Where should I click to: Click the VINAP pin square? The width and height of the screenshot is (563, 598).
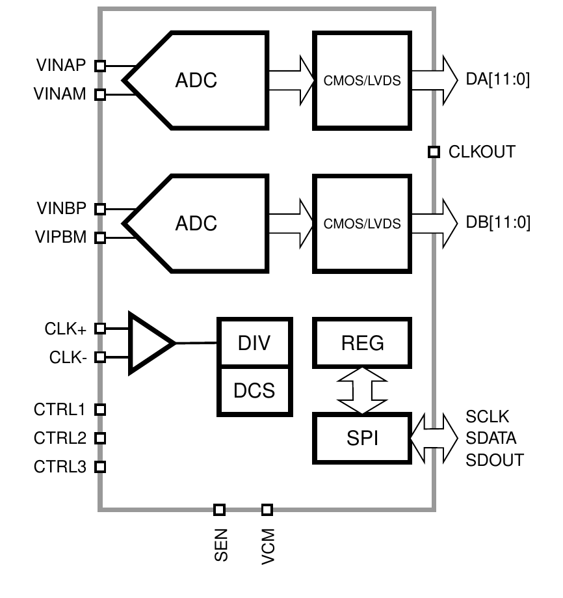(100, 66)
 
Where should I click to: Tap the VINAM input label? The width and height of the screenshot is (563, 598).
(60, 94)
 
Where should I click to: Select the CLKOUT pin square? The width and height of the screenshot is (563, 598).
(434, 152)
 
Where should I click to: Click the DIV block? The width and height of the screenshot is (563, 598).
(254, 342)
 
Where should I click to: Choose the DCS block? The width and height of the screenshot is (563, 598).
(254, 391)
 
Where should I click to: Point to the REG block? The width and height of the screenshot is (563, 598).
(362, 342)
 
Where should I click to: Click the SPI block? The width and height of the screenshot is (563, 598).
(362, 438)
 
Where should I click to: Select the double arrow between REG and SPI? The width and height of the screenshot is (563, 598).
(362, 390)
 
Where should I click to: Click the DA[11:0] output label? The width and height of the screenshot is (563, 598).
(498, 79)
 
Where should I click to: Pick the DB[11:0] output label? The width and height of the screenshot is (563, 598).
(498, 223)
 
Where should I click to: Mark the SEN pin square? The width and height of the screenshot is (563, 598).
(219, 510)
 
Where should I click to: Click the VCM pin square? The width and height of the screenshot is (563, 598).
(267, 510)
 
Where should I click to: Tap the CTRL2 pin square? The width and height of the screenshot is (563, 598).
(100, 438)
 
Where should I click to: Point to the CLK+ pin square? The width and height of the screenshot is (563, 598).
(100, 329)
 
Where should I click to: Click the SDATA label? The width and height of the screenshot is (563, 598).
(491, 438)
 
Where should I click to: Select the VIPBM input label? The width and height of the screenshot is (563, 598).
(61, 237)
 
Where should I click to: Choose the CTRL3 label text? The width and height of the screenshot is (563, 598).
(60, 467)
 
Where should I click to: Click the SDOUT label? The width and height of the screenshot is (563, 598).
(495, 460)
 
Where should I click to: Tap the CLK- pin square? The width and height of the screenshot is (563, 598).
(100, 357)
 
